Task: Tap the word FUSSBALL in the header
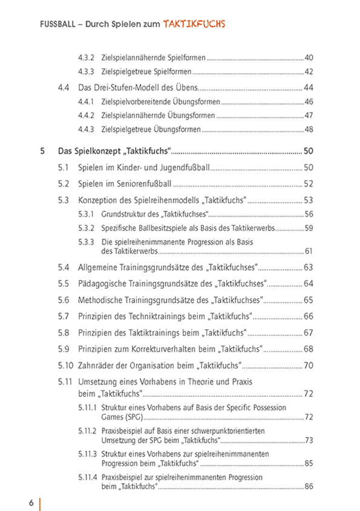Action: [57, 25]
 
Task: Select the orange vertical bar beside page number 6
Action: [40, 504]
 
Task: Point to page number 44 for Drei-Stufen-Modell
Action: [309, 87]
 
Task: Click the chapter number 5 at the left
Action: [42, 151]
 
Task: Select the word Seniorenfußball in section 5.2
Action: [141, 183]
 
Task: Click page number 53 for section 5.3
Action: [309, 200]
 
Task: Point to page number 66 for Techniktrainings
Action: [309, 316]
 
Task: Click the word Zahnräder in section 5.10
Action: [96, 365]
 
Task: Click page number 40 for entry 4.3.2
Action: [309, 58]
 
